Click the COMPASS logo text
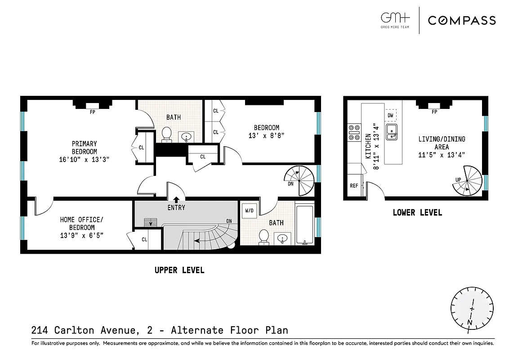click(x=462, y=20)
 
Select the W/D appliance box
click(x=248, y=210)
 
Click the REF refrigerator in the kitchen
click(x=354, y=185)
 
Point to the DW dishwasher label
click(x=390, y=116)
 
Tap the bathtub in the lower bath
click(x=304, y=224)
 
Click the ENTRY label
click(x=176, y=208)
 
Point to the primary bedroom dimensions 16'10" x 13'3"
click(x=85, y=159)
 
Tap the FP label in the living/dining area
click(x=434, y=112)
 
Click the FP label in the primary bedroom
click(x=93, y=112)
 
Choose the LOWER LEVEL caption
click(x=417, y=212)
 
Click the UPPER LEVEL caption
click(x=179, y=270)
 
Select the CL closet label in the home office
click(x=144, y=239)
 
